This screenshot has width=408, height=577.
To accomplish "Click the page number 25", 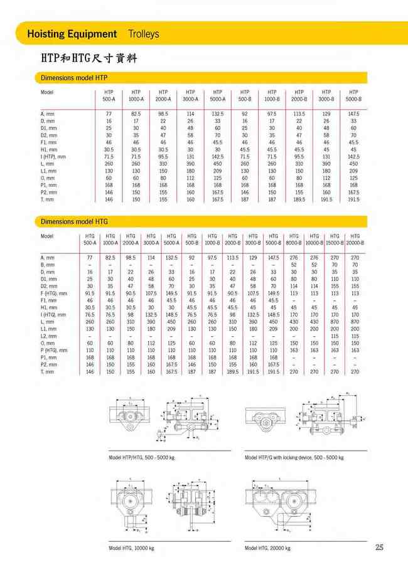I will pyautogui.click(x=379, y=548).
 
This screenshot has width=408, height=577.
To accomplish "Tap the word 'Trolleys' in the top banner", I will pyautogui.click(x=144, y=33).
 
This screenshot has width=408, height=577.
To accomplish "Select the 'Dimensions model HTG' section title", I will pyautogui.click(x=74, y=221).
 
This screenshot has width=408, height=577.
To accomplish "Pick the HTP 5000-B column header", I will pyautogui.click(x=353, y=95).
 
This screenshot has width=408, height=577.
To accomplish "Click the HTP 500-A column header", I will pyautogui.click(x=109, y=95).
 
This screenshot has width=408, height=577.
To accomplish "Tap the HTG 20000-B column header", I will pyautogui.click(x=355, y=239).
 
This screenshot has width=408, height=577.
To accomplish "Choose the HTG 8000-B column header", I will pyautogui.click(x=294, y=239).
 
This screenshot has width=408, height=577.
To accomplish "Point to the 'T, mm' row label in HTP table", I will pyautogui.click(x=48, y=199).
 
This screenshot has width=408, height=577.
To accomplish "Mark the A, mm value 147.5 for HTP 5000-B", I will pyautogui.click(x=353, y=114).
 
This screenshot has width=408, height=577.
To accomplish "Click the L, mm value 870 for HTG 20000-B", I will pyautogui.click(x=355, y=322).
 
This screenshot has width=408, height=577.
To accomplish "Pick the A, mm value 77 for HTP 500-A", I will pyautogui.click(x=109, y=114).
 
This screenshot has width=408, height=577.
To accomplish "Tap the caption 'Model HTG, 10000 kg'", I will pyautogui.click(x=131, y=548).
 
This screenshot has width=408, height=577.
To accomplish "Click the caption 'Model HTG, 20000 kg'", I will pyautogui.click(x=268, y=548).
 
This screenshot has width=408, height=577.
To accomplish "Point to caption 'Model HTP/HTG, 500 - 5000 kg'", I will pyautogui.click(x=141, y=457).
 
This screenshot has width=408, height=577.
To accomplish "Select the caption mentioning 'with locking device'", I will pyautogui.click(x=293, y=457).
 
